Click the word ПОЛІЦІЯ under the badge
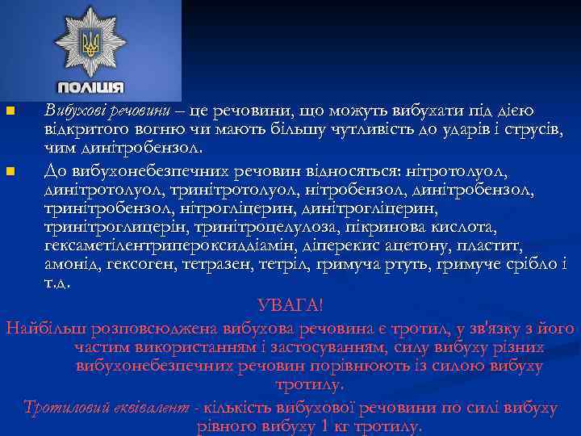pyautogui.click(x=91, y=86)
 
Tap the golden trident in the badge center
pyautogui.click(x=91, y=41)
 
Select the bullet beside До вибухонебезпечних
pyautogui.click(x=9, y=171)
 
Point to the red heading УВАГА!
pyautogui.click(x=290, y=306)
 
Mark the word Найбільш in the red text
pyautogui.click(x=44, y=329)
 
